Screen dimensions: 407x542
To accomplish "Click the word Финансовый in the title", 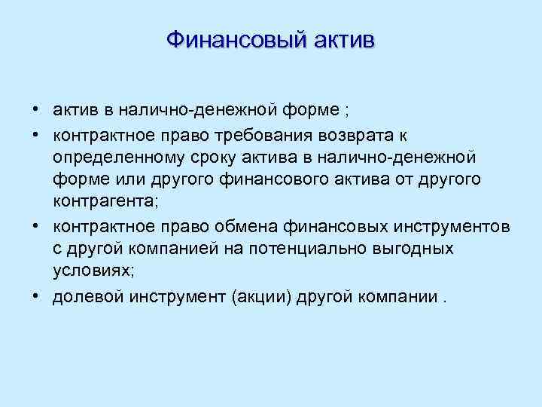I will pos(227,38).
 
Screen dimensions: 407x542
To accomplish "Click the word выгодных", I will pos(414,249).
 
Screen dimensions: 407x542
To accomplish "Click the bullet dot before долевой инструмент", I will pos(36,295).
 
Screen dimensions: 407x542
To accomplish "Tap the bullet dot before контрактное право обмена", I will pos(36,225).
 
